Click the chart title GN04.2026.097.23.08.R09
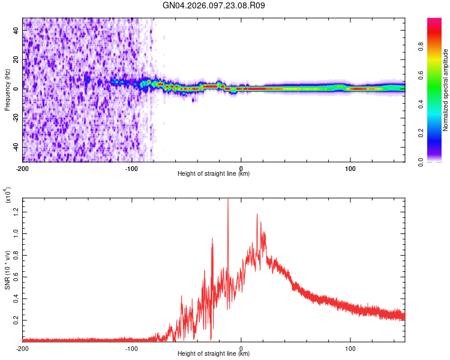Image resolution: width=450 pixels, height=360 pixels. click(x=214, y=6)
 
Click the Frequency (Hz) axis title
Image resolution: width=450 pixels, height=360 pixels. click(x=7, y=89)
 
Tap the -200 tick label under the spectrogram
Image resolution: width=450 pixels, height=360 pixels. click(x=23, y=168)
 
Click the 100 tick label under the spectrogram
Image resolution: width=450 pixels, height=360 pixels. click(x=350, y=168)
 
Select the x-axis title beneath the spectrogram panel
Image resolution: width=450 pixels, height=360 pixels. click(x=214, y=174)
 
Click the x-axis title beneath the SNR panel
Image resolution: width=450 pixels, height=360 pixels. click(x=214, y=353)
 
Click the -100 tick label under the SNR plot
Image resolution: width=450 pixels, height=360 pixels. click(x=132, y=347)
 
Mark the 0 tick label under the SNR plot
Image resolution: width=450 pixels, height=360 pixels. click(x=241, y=347)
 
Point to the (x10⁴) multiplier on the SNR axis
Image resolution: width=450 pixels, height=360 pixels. click(x=7, y=195)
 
